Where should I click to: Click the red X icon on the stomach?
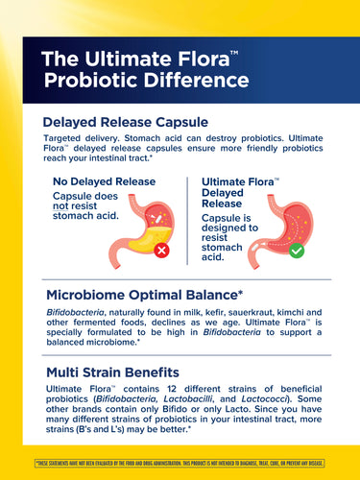coord(162,251)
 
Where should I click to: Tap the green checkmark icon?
coord(297,250)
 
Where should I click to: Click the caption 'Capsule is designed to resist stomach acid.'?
coord(225,237)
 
